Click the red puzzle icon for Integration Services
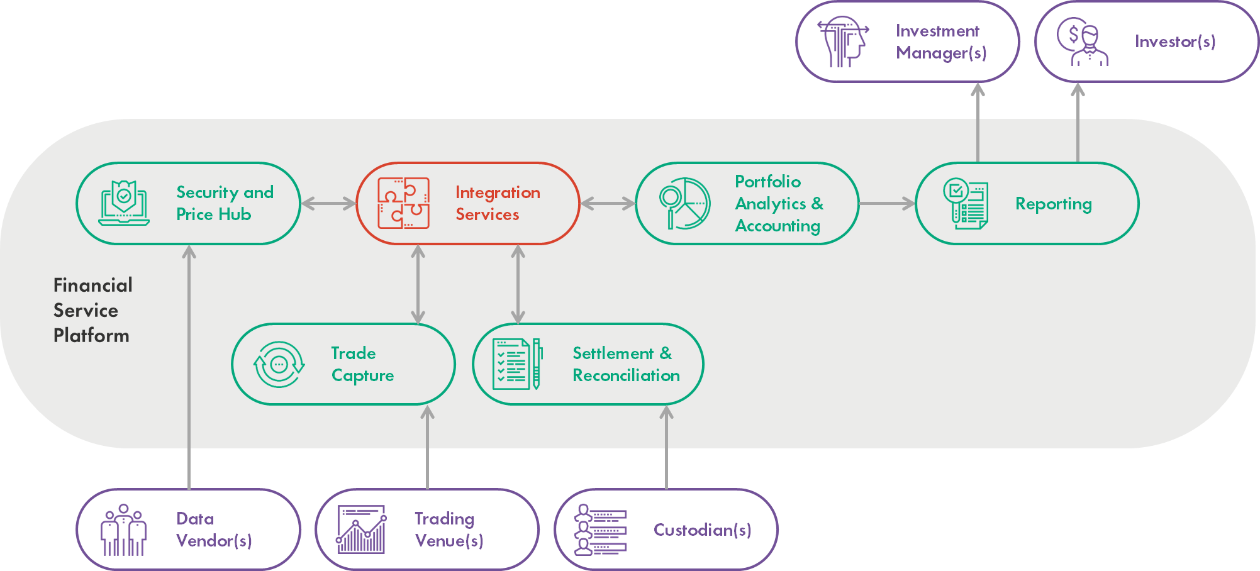pyautogui.click(x=403, y=203)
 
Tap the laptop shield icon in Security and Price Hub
pyautogui.click(x=124, y=203)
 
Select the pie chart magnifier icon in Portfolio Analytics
pyautogui.click(x=684, y=203)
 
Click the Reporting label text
pyautogui.click(x=1053, y=204)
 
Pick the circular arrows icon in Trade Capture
pyautogui.click(x=279, y=364)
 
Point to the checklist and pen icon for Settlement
pyautogui.click(x=517, y=364)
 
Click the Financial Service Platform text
pyautogui.click(x=92, y=310)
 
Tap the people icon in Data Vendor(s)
pyautogui.click(x=124, y=530)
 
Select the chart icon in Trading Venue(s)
pyautogui.click(x=362, y=529)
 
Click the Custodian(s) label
pyautogui.click(x=702, y=530)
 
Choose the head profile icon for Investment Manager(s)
pyautogui.click(x=843, y=42)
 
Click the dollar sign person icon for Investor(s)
pyautogui.click(x=1082, y=42)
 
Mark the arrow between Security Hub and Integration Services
pyautogui.click(x=328, y=203)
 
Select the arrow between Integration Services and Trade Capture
pyautogui.click(x=418, y=284)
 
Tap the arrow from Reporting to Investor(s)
pyautogui.click(x=1078, y=123)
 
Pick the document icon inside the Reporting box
pyautogui.click(x=966, y=203)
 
